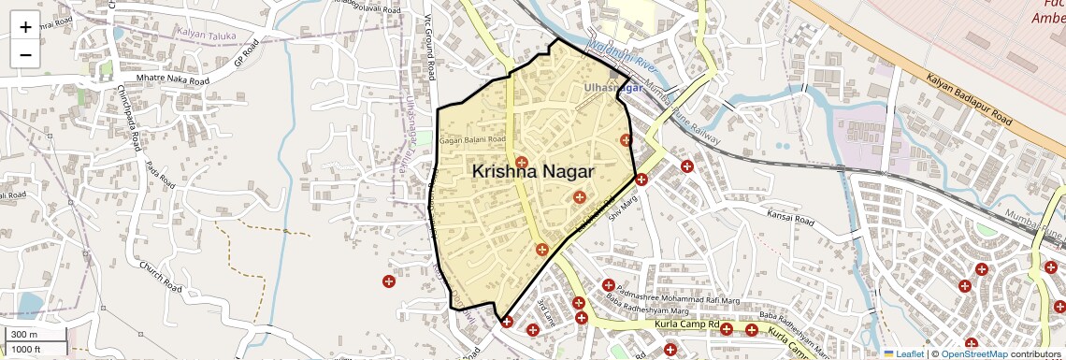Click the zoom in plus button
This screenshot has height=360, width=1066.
pyautogui.click(x=25, y=27)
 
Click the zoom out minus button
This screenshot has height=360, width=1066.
pyautogui.click(x=25, y=54)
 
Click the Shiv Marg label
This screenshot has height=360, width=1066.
pyautogui.click(x=622, y=207)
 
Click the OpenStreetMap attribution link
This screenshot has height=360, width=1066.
pyautogui.click(x=974, y=353)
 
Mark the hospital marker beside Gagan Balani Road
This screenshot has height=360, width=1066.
pyautogui.click(x=522, y=162)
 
